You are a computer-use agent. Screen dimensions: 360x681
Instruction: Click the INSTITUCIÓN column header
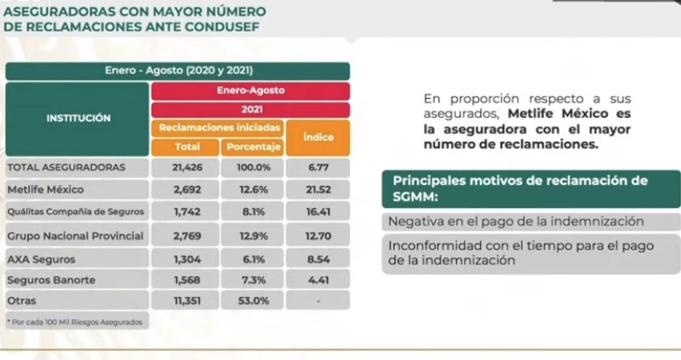78,117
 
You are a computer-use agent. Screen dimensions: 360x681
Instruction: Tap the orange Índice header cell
319,138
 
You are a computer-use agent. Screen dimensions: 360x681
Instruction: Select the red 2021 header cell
251,110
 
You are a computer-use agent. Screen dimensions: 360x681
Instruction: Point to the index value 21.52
318,188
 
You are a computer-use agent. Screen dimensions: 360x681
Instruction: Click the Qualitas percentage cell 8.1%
252,211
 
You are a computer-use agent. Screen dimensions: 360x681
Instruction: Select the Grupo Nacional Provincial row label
62,236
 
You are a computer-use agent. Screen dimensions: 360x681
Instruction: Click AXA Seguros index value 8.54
318,260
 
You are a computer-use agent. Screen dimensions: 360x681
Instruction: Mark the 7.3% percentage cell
252,280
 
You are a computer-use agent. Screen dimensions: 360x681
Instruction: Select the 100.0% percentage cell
252,166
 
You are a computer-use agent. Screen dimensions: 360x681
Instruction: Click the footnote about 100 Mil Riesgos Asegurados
76,322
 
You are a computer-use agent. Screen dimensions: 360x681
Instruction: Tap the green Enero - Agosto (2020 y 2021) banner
177,71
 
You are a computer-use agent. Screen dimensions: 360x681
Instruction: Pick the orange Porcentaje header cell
252,147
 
